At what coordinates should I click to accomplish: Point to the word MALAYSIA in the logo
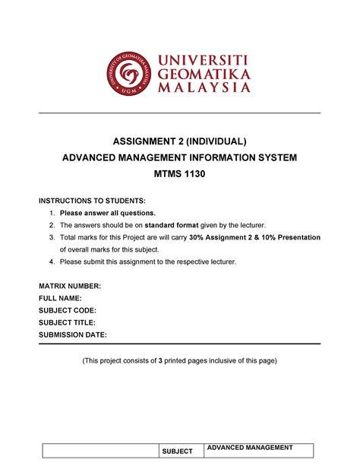tap(204, 88)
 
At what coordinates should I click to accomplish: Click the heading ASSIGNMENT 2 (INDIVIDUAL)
tap(180, 141)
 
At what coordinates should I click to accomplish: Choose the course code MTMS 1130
tap(180, 174)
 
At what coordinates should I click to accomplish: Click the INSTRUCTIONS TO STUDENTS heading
tap(91, 199)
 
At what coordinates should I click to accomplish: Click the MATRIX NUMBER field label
tap(70, 286)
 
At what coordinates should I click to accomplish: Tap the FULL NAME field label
tap(60, 298)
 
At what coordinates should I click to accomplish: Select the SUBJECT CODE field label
tap(68, 310)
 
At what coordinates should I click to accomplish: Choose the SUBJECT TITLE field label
tap(67, 322)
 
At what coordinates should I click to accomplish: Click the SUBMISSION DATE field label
tap(73, 334)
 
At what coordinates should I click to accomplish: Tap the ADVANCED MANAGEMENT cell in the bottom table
tap(250, 447)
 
